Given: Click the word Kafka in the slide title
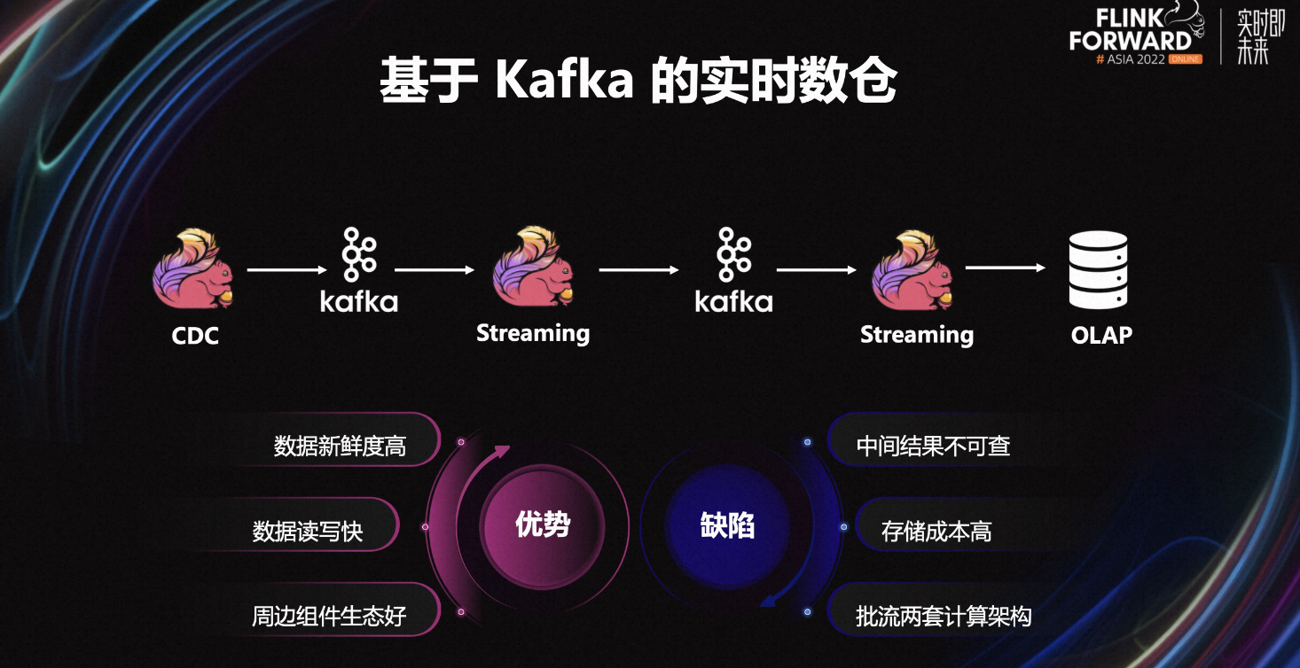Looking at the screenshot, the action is click(564, 79).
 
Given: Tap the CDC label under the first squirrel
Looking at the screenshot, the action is click(195, 336).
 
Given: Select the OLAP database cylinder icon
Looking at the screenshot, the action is click(1098, 269).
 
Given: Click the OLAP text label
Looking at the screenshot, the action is click(1101, 335).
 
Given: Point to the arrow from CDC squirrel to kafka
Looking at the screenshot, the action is click(286, 269).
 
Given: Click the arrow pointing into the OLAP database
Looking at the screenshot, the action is click(1006, 268).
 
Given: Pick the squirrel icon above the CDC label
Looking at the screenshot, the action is click(193, 268).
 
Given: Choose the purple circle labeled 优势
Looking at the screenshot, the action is click(543, 526).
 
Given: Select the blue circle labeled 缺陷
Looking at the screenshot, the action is click(727, 526).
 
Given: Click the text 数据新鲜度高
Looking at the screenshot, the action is click(341, 446).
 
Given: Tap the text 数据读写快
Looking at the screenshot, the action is click(308, 532).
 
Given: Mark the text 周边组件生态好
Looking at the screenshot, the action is click(329, 616).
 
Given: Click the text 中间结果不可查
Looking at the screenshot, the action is click(933, 446).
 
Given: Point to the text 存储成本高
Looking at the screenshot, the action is click(936, 532).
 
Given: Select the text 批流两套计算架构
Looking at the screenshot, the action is click(944, 616).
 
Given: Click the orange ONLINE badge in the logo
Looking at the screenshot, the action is click(1185, 59).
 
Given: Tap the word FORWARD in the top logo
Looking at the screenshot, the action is click(1131, 41).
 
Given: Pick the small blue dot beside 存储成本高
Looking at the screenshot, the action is click(844, 527).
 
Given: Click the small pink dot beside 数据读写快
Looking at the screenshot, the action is click(426, 527).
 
